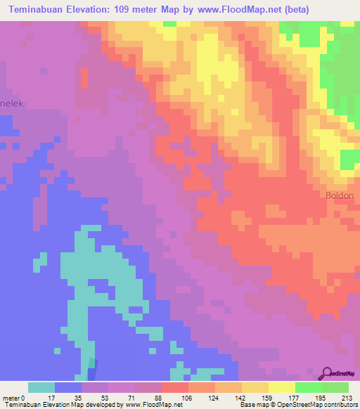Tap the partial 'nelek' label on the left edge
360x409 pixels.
tap(12, 103)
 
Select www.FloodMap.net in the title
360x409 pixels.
tap(234, 8)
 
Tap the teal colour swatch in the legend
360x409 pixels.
tap(41, 387)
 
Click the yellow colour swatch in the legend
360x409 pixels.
tap(281, 387)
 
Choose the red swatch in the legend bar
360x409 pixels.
tap(174, 387)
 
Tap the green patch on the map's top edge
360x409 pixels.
tap(169, 23)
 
